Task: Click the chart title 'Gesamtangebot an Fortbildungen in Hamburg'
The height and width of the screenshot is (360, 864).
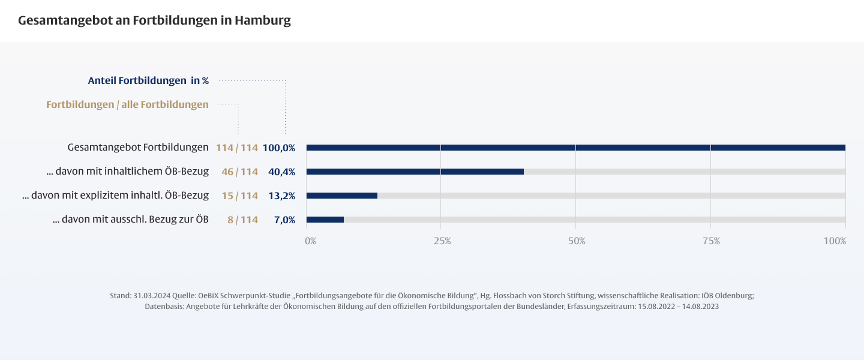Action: click(154, 20)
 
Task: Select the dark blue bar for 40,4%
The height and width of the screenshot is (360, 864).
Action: click(415, 172)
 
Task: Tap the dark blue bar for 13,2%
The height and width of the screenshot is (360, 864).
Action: click(342, 196)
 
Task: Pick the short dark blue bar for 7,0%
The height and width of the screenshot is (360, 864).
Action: click(325, 220)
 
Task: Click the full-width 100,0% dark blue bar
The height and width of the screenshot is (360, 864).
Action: click(575, 148)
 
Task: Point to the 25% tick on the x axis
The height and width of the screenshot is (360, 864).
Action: click(442, 241)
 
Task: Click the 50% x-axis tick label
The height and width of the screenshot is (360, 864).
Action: click(577, 241)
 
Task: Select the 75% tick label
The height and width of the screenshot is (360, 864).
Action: click(711, 241)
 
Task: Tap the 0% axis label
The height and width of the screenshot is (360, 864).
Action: click(310, 241)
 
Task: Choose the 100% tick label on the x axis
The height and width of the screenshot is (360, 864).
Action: click(835, 241)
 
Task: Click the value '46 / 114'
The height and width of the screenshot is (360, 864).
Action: click(239, 172)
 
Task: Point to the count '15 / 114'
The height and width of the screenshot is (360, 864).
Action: click(239, 196)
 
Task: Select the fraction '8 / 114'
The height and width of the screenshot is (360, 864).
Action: click(242, 220)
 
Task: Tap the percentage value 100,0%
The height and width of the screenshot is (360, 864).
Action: click(279, 148)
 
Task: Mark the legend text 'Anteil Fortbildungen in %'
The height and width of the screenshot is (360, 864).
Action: click(148, 80)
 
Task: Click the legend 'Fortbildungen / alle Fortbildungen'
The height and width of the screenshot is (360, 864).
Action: click(127, 104)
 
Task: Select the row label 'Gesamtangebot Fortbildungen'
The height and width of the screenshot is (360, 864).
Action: click(138, 148)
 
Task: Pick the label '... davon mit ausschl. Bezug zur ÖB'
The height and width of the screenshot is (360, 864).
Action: click(131, 220)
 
